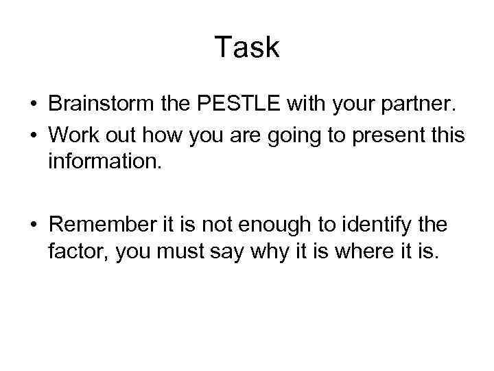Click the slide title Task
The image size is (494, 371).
(x=247, y=47)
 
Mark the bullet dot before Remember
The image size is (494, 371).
(x=33, y=225)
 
